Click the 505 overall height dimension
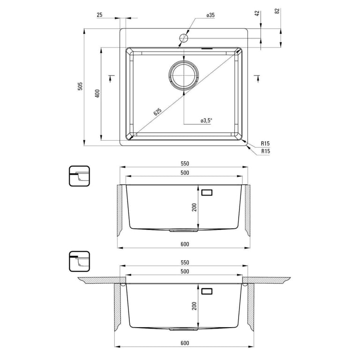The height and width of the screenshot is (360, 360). pyautogui.click(x=80, y=86)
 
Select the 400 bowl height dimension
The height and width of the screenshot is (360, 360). pyautogui.click(x=97, y=93)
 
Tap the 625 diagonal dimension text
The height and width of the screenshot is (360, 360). pyautogui.click(x=157, y=112)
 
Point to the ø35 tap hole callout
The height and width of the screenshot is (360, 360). pyautogui.click(x=210, y=15)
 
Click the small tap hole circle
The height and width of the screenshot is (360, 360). pyautogui.click(x=184, y=38)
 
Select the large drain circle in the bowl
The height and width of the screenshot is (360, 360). pyautogui.click(x=184, y=75)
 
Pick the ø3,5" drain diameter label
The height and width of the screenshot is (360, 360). pyautogui.click(x=206, y=120)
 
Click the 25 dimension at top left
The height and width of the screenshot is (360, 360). pyautogui.click(x=99, y=15)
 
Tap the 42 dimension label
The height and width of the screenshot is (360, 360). pyautogui.click(x=257, y=13)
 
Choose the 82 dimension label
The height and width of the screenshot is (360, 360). pyautogui.click(x=277, y=11)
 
